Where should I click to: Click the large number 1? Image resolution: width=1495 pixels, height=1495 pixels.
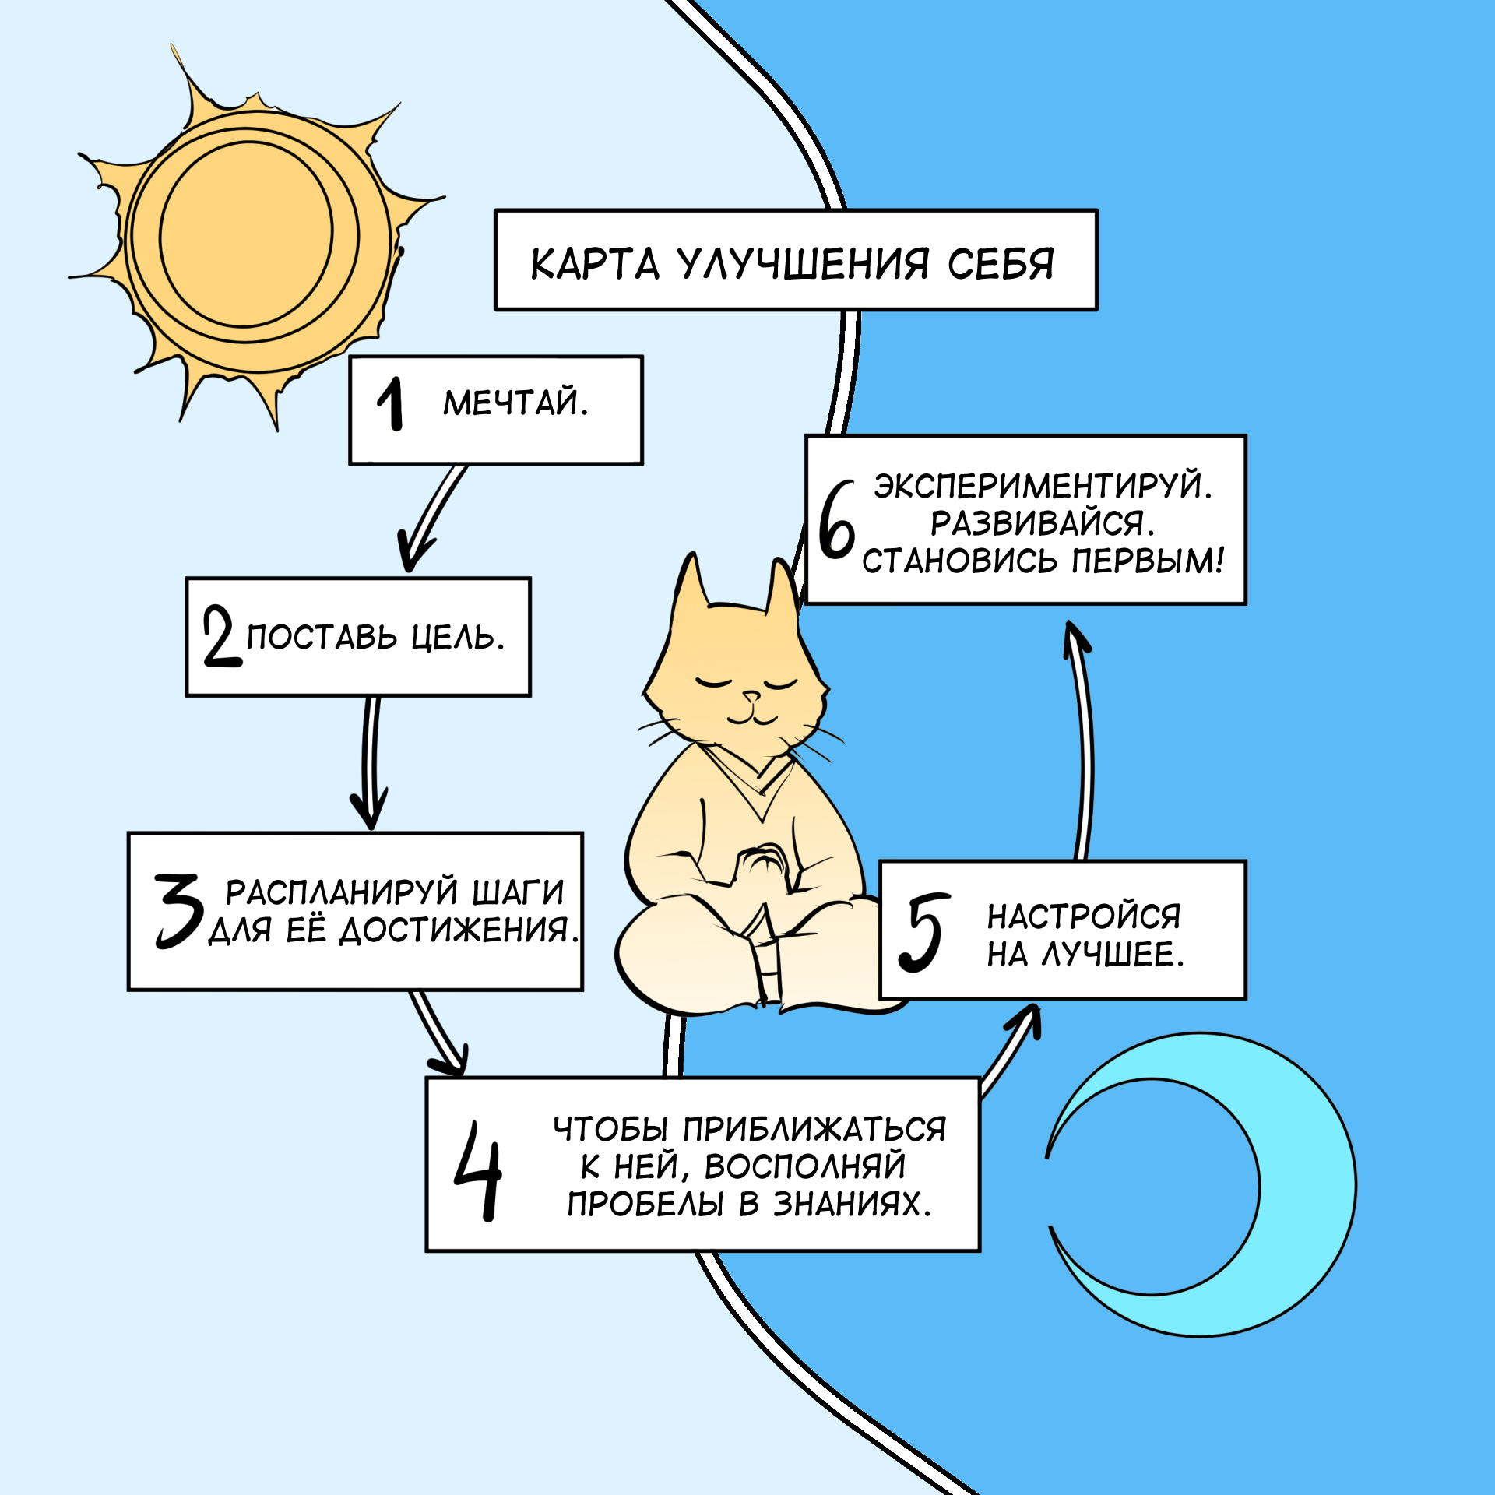[391, 403]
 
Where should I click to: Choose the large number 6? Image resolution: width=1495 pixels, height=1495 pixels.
[836, 519]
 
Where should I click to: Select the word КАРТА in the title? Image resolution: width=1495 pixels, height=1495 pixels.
[595, 265]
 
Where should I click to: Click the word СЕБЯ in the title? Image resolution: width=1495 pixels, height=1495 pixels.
[1001, 265]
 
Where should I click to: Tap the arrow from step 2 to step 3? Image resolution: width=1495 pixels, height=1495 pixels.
[370, 763]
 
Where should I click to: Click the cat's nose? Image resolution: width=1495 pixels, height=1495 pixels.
[751, 695]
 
